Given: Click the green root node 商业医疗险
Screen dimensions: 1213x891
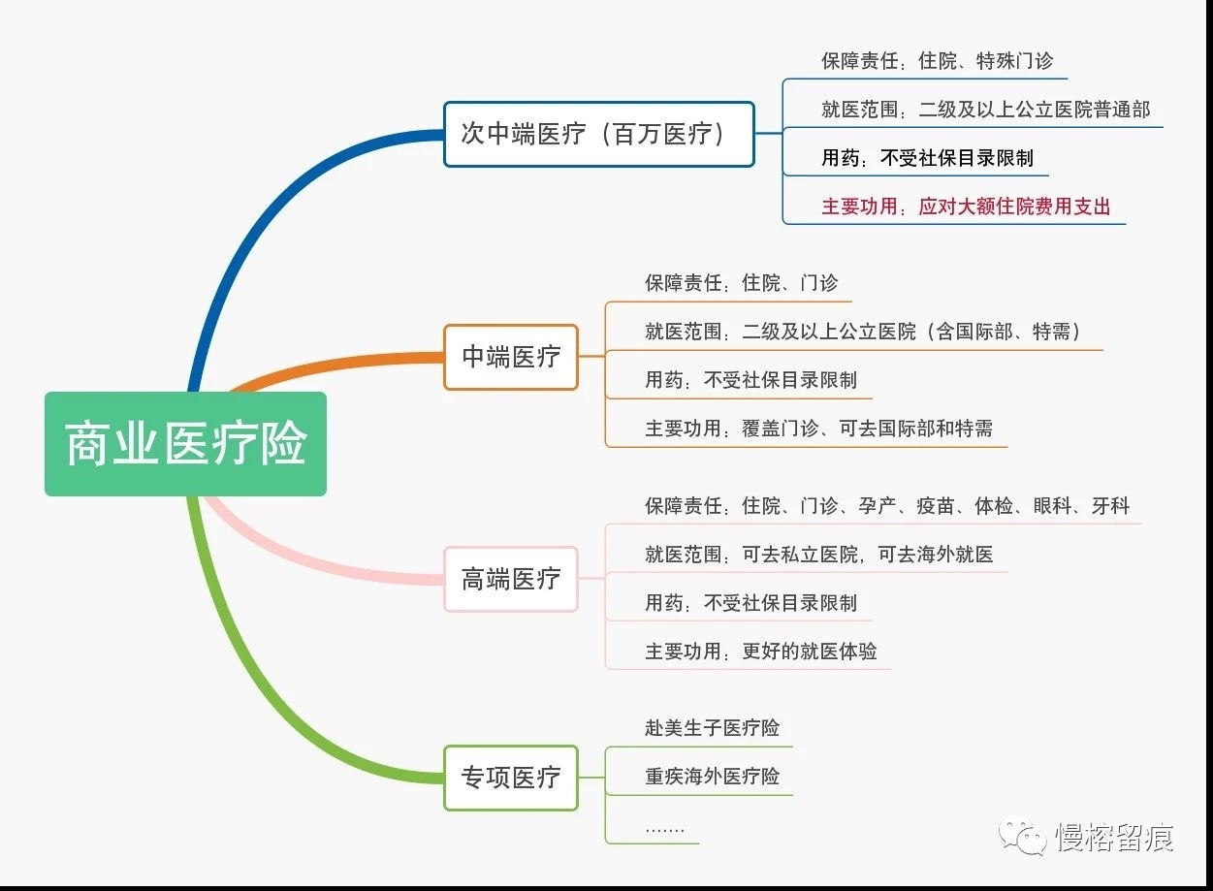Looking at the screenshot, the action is click(186, 444).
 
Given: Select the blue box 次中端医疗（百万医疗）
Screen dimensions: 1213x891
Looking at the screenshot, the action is click(599, 134).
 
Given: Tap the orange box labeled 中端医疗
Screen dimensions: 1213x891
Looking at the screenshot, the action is click(511, 357).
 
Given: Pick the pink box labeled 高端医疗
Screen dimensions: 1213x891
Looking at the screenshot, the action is click(511, 579).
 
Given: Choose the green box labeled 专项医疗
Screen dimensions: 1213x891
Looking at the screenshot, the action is click(511, 778).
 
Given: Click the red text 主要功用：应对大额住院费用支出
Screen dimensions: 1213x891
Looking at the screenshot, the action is click(966, 207).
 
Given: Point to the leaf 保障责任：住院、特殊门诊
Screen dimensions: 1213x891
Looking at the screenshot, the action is click(937, 61).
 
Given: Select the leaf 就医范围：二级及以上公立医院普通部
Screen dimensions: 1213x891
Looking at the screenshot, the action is click(985, 110).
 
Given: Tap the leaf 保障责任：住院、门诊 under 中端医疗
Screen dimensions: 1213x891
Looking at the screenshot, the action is click(742, 282).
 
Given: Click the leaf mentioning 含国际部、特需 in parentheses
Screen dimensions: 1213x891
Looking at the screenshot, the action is click(863, 332).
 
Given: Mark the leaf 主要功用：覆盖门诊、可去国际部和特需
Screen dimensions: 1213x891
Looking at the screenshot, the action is click(818, 429).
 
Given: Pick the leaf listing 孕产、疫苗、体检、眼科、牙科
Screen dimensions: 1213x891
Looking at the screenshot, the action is click(887, 505).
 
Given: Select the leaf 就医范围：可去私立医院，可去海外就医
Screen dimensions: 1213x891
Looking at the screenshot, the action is click(818, 555).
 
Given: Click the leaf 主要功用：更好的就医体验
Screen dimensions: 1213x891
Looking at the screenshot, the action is click(761, 652).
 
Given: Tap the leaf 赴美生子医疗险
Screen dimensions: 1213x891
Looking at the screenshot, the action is click(712, 728).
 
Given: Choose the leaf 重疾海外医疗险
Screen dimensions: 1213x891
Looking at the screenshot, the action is click(712, 777).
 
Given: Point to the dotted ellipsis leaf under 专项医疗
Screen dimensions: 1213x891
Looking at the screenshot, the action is click(665, 829).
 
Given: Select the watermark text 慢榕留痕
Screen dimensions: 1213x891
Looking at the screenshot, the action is click(1114, 838).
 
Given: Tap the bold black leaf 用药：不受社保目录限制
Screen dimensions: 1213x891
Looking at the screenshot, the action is click(927, 158).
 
